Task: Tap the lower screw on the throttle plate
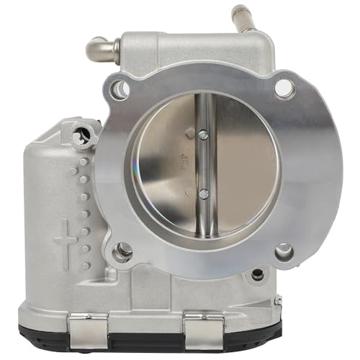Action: (x=204, y=193)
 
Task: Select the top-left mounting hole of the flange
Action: (x=121, y=89)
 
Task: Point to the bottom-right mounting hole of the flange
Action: (x=284, y=251)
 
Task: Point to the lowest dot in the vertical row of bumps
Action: (x=85, y=265)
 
